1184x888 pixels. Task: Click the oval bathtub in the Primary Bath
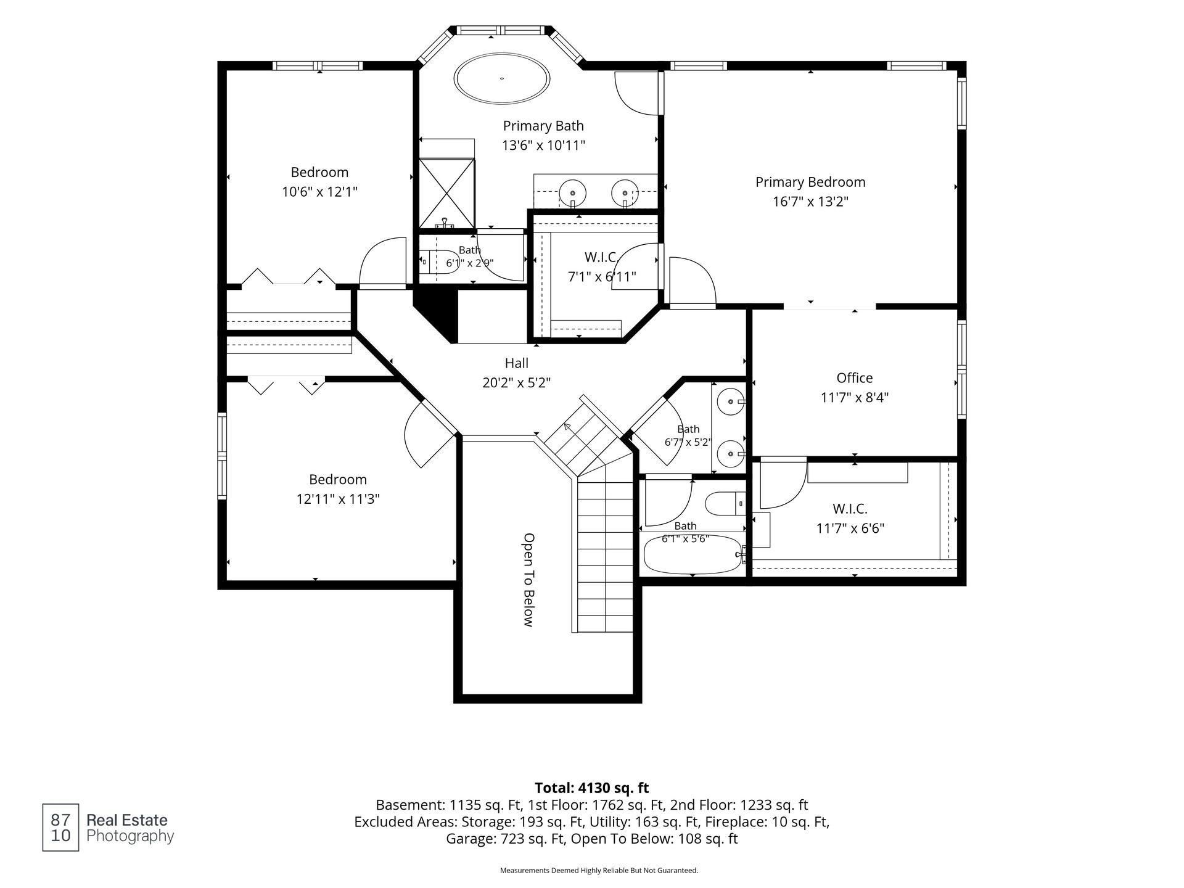click(502, 78)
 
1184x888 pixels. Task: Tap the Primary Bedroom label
click(810, 182)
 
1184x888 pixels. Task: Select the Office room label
click(854, 377)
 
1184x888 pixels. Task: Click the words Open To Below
click(528, 580)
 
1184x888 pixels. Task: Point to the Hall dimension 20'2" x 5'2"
click(516, 383)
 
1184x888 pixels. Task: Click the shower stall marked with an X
click(447, 193)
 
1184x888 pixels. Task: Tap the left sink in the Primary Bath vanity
click(572, 192)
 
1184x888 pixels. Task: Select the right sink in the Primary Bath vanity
click(625, 192)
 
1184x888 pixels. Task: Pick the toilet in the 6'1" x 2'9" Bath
click(439, 262)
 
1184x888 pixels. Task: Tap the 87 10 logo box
click(60, 828)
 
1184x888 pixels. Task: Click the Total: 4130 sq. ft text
click(591, 787)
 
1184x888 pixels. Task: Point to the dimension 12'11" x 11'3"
click(338, 499)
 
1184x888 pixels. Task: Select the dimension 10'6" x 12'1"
click(319, 192)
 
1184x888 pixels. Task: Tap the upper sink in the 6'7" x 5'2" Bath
click(731, 401)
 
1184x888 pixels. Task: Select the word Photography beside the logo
click(130, 836)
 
